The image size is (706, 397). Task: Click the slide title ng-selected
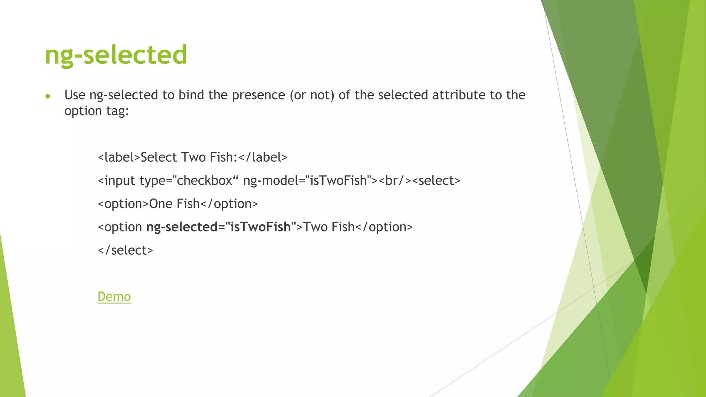(116, 55)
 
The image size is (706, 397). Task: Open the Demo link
(114, 297)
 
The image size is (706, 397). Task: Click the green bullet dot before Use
(48, 96)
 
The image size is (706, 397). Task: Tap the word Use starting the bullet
(75, 95)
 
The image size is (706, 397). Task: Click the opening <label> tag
(119, 157)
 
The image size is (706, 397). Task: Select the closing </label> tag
(263, 157)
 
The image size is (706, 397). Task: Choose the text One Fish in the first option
(174, 204)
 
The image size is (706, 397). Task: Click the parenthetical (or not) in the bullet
(312, 95)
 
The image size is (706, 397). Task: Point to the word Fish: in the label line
(223, 157)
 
